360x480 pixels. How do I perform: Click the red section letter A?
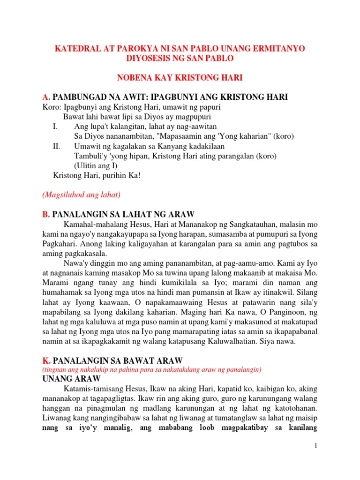pos(45,97)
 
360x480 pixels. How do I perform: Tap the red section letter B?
pos(45,214)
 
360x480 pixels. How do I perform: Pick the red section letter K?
pos(46,360)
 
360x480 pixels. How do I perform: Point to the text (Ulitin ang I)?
pos(97,165)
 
